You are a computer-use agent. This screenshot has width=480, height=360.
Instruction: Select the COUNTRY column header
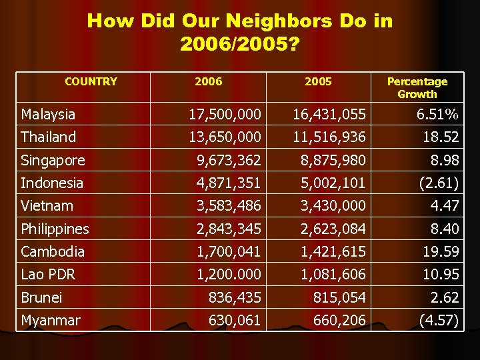tap(91, 82)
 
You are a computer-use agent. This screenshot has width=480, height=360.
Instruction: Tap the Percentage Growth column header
tap(417, 87)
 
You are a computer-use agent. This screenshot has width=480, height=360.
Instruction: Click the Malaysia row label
tap(48, 115)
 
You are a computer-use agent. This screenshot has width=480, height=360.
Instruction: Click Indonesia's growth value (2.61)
tap(438, 183)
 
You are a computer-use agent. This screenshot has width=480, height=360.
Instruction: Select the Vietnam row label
tap(47, 206)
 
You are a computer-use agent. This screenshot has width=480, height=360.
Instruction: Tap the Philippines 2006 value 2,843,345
tap(229, 229)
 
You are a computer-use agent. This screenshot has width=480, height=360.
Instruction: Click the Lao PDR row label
tap(48, 275)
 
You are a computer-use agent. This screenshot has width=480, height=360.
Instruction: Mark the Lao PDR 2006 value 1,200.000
tap(229, 275)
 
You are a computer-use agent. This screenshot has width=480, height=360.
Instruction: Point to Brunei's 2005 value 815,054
tap(339, 297)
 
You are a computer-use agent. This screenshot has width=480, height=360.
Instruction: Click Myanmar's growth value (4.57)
tap(438, 321)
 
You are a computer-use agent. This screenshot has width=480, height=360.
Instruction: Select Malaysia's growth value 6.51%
tap(437, 115)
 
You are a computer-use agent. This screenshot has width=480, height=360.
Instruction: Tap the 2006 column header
tap(208, 82)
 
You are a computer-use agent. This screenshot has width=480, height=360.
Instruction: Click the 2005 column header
tap(317, 82)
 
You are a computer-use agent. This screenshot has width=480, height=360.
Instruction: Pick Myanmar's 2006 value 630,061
tap(235, 321)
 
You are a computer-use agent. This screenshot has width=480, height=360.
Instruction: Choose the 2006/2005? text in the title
tap(239, 45)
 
